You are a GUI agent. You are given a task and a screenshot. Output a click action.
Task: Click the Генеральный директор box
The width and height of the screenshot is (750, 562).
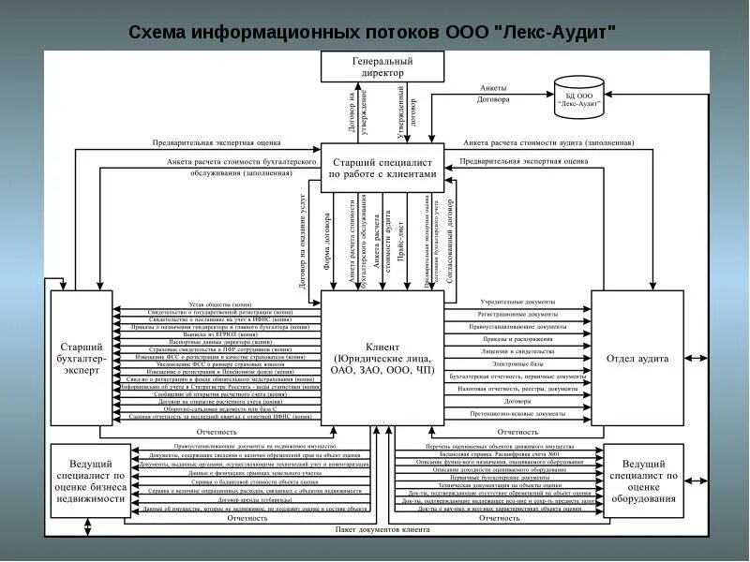[382, 67]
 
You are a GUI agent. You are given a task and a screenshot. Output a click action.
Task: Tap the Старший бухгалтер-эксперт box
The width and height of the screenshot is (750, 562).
[81, 358]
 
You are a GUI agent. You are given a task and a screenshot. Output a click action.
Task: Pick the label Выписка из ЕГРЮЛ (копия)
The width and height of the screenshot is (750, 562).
[218, 334]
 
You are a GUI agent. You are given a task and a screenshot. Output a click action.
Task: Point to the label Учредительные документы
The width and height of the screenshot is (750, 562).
[517, 303]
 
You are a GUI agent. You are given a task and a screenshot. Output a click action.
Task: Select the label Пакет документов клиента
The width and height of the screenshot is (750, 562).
[382, 530]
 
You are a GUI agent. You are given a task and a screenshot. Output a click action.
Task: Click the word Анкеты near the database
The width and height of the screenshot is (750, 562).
[493, 87]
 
